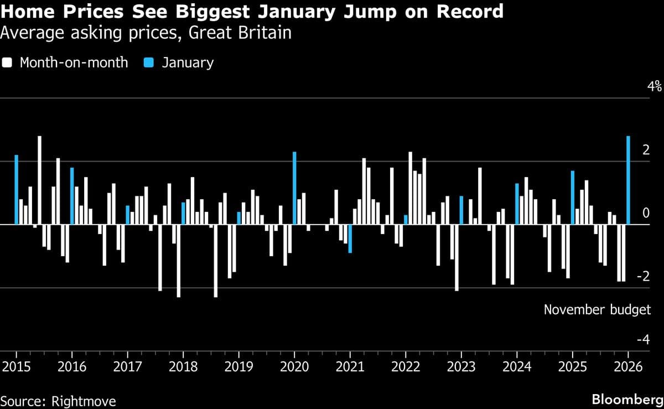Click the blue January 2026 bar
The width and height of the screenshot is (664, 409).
point(628,180)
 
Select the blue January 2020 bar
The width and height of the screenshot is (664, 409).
point(294,188)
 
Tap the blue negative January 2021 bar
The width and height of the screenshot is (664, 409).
point(350,239)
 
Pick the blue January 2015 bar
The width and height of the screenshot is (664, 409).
point(17,190)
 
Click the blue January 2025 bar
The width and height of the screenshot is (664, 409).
point(573,198)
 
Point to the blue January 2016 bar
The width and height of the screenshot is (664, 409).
point(72,196)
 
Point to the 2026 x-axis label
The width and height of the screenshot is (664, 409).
point(628,367)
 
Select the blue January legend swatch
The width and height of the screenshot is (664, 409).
point(148,63)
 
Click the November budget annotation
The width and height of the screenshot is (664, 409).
point(597,309)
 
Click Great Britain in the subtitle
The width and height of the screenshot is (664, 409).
point(240,33)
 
